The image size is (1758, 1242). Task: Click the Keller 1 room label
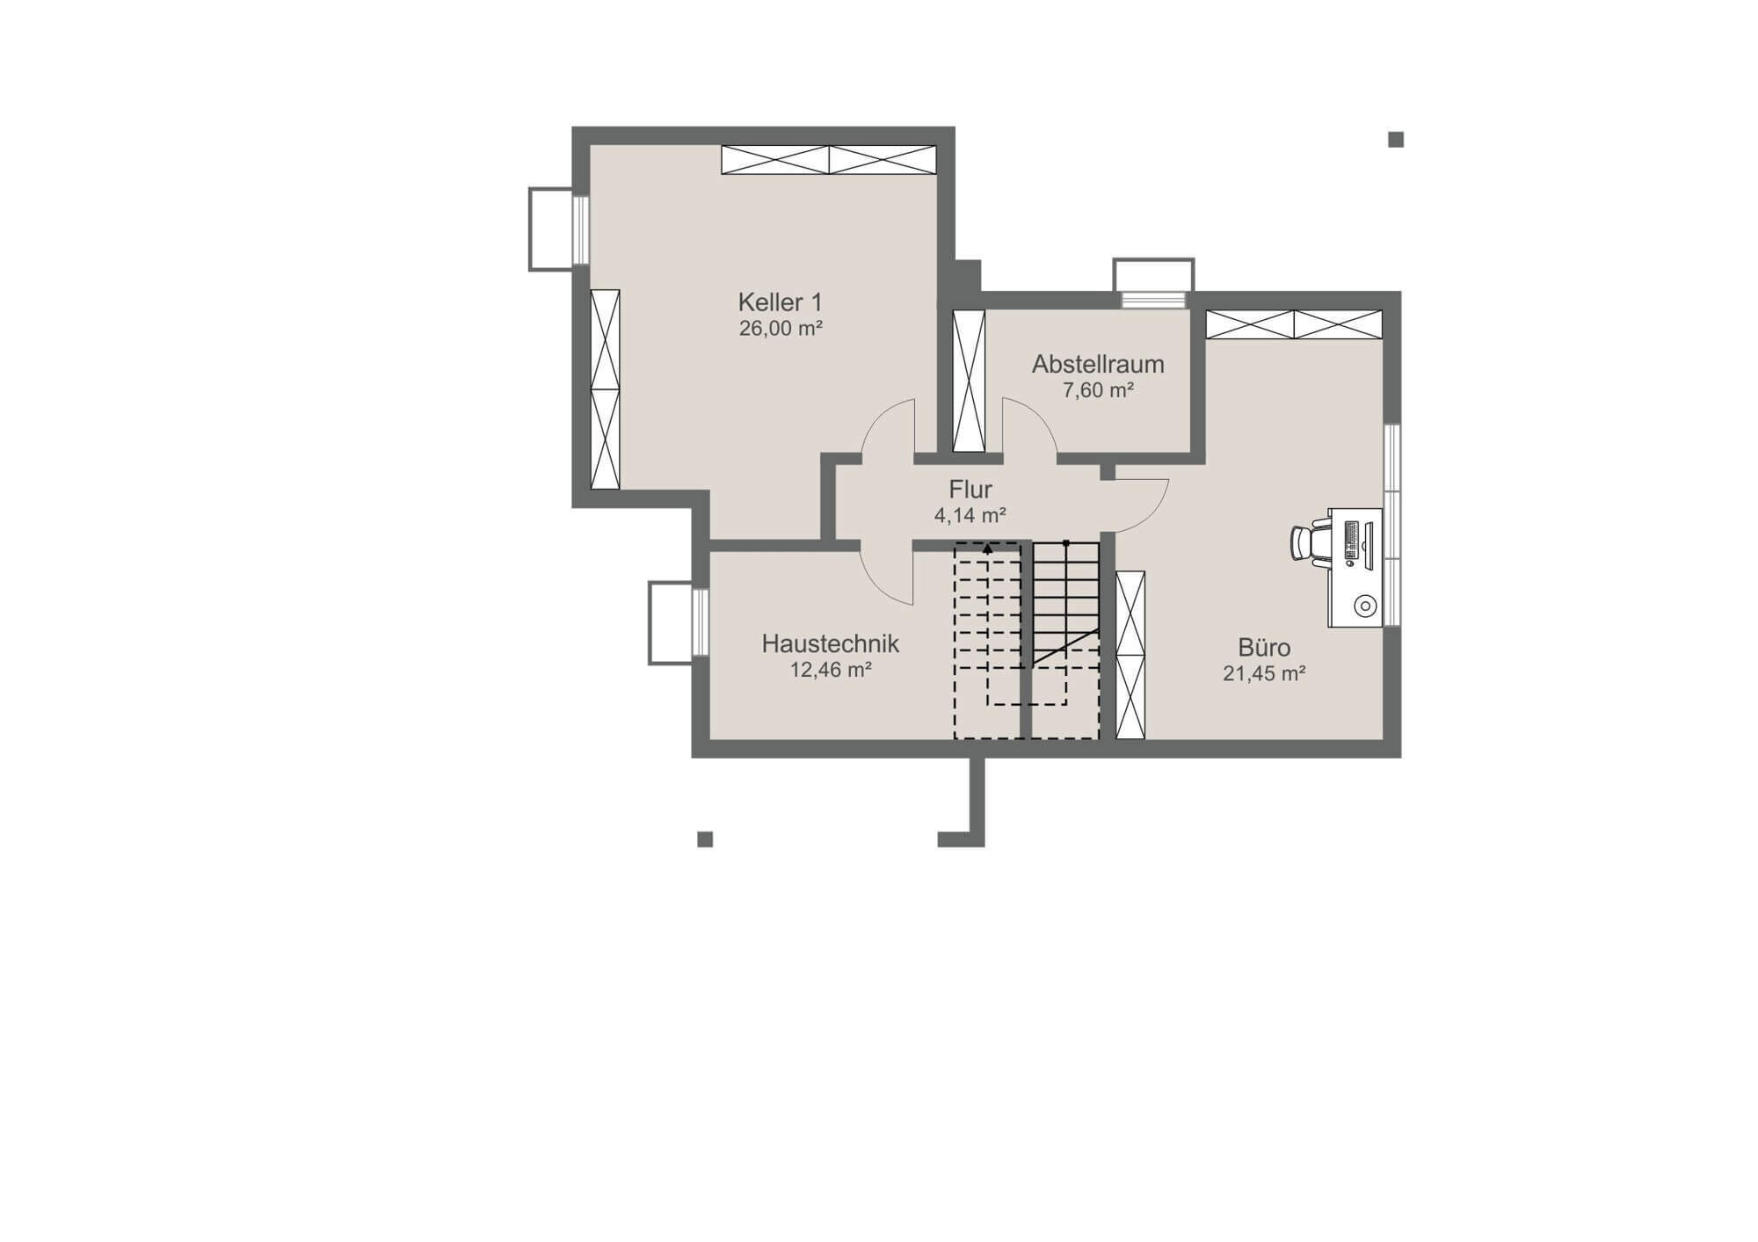click(x=780, y=302)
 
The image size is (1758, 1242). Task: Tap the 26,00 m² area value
click(x=781, y=329)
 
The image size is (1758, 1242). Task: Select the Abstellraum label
click(x=1098, y=364)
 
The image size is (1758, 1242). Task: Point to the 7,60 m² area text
click(x=1098, y=390)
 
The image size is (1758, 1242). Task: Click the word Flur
click(x=970, y=490)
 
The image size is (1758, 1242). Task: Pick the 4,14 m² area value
click(x=970, y=515)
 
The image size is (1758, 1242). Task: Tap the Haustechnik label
click(x=830, y=643)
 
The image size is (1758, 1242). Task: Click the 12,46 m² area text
click(x=831, y=670)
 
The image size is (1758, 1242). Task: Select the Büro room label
click(x=1264, y=648)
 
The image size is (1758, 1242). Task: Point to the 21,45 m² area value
click(x=1264, y=674)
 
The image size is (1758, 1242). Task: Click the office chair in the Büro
click(x=1310, y=541)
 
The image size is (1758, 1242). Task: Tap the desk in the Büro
click(x=1355, y=568)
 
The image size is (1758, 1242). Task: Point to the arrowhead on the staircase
click(x=988, y=548)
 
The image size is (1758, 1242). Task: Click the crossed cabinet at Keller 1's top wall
click(x=829, y=160)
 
